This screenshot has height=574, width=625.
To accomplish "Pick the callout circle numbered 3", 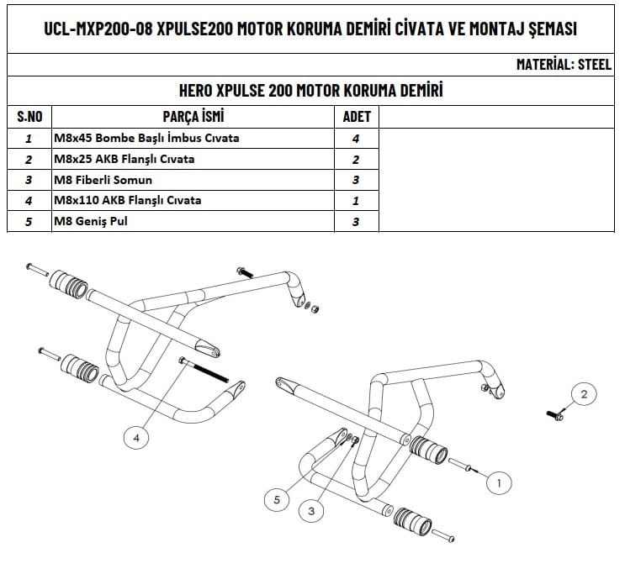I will pyautogui.click(x=311, y=510).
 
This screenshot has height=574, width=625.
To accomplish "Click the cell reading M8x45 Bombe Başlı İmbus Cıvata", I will pyautogui.click(x=146, y=138).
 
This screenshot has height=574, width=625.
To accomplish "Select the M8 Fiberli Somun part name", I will pyautogui.click(x=103, y=180).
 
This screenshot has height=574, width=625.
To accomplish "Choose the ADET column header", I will pyautogui.click(x=357, y=116).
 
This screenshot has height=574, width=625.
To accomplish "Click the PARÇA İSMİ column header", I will pyautogui.click(x=193, y=116).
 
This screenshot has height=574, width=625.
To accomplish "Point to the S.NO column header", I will pyautogui.click(x=30, y=116).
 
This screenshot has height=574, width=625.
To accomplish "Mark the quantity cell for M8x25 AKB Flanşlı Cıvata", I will pyautogui.click(x=357, y=159).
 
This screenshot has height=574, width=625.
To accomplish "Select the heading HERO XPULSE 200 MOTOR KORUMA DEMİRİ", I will pyautogui.click(x=311, y=90).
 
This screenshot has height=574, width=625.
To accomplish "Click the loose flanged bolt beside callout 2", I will pyautogui.click(x=555, y=413).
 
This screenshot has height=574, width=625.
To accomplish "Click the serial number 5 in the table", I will pyautogui.click(x=29, y=222).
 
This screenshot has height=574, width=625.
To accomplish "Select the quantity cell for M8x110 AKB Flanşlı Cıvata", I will pyautogui.click(x=357, y=201).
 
